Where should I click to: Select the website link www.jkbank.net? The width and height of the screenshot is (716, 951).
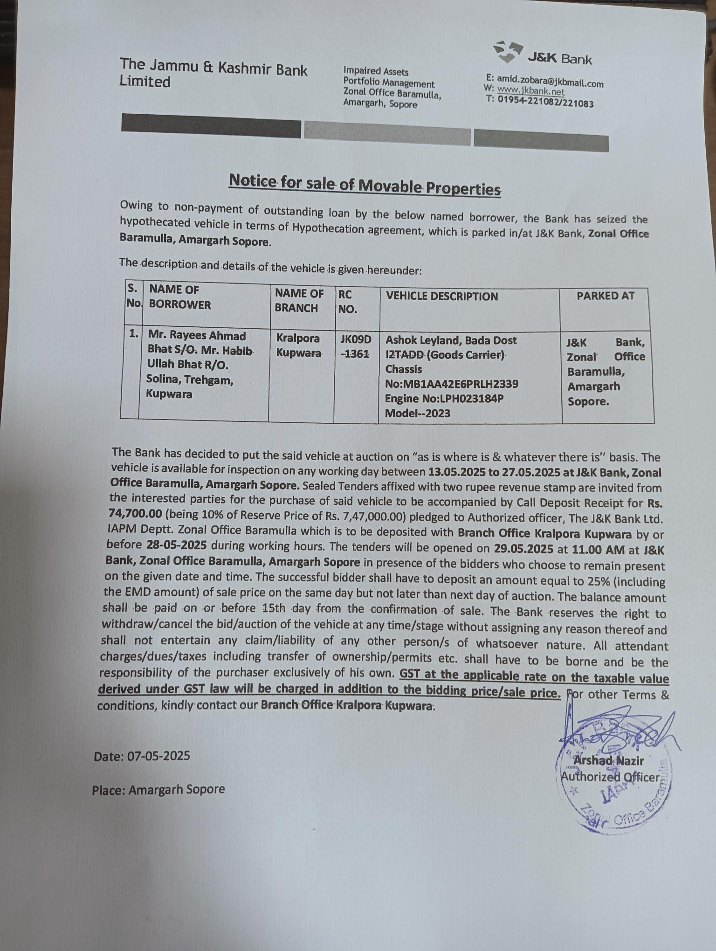coord(530,90)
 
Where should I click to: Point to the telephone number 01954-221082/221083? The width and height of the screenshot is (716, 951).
coord(546,101)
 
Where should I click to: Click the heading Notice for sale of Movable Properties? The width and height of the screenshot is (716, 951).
coord(365,185)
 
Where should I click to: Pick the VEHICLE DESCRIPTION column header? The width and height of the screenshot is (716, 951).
coord(441,296)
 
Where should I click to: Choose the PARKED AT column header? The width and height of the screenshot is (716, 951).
coord(605,296)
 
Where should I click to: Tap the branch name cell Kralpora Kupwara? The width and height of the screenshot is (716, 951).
coord(299,345)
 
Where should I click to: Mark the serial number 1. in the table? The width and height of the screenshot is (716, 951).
coord(133,334)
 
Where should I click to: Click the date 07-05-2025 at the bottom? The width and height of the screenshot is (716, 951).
coord(158,756)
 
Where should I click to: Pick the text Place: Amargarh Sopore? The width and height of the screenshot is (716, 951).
coord(158,789)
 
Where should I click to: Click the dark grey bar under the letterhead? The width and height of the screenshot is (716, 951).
coord(211,126)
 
